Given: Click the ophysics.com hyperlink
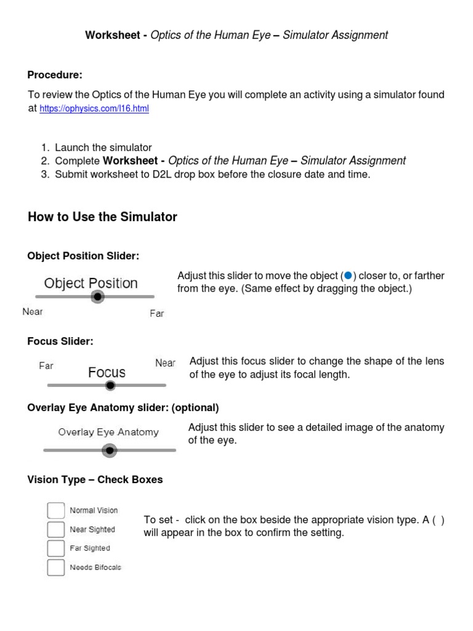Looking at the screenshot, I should pos(94,109).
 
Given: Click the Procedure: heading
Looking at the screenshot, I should pos(55,75).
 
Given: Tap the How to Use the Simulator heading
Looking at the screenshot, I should pos(102,217).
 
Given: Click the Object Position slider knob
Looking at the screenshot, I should pos(97,297).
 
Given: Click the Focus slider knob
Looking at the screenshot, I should pos(110,386).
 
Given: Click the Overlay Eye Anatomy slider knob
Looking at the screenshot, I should pos(109,451).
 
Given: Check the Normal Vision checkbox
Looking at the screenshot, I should pos(56,510).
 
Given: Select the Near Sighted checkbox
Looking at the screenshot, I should pos(56,529).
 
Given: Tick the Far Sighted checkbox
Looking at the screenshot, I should pos(56,548).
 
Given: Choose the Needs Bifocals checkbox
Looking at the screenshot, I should pos(56,567).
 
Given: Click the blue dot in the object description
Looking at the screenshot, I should pos(348,275).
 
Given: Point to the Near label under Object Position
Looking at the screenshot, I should pos(33,312).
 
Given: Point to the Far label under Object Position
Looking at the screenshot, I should pos(157,314).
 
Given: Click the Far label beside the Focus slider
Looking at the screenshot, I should pos(46,365).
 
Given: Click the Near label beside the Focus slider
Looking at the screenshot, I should pos(165,363).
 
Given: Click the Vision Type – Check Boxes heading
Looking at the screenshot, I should pos(95,479).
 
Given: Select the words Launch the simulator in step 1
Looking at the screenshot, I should pos(103,147).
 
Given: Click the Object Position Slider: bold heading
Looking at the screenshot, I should pos(83,256).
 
